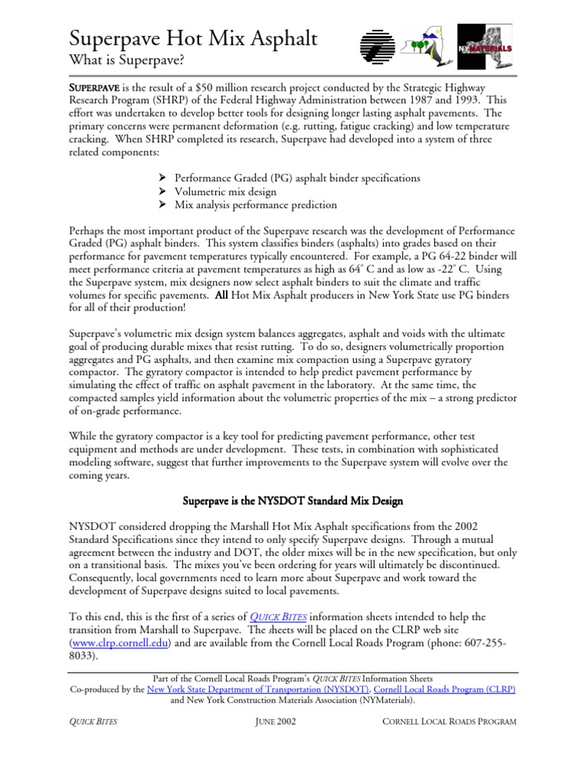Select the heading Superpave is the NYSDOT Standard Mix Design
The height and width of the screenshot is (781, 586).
coord(293,501)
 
